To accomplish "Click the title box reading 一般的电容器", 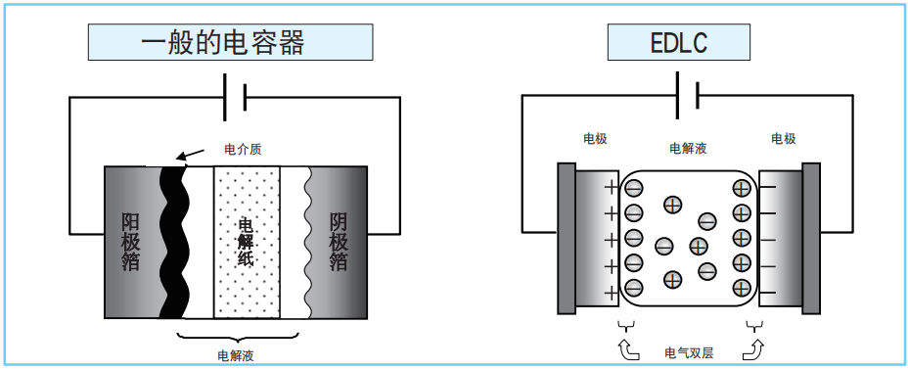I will click(230, 43).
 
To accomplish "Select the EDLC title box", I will click(679, 43).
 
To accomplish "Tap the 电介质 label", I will click(244, 150).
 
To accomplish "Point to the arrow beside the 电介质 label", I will click(192, 154).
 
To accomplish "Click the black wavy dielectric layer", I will click(173, 241).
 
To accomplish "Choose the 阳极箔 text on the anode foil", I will click(130, 241).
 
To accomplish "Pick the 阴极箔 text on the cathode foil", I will click(339, 241).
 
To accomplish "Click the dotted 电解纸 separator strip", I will click(247, 241).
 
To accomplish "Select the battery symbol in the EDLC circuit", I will click(687, 96).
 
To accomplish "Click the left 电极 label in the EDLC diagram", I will click(595, 139).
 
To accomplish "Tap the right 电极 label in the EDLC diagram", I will click(783, 139).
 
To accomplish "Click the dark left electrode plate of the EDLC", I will click(567, 240).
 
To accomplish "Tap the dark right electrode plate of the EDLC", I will click(810, 240).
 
